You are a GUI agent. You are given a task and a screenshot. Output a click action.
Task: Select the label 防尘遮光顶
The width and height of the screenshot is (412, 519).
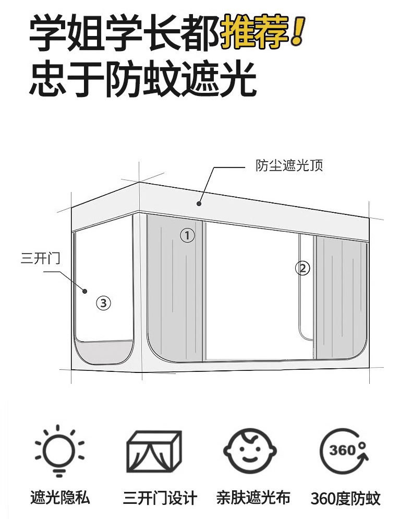289,166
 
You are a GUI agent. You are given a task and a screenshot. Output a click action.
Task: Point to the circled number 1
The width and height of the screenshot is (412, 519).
187,235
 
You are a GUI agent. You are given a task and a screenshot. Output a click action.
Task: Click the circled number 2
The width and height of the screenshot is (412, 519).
302,269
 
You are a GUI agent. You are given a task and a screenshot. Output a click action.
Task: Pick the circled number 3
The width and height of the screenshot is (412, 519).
104,303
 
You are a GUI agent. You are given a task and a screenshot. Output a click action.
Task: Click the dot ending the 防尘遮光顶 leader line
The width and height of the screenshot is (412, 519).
199,204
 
